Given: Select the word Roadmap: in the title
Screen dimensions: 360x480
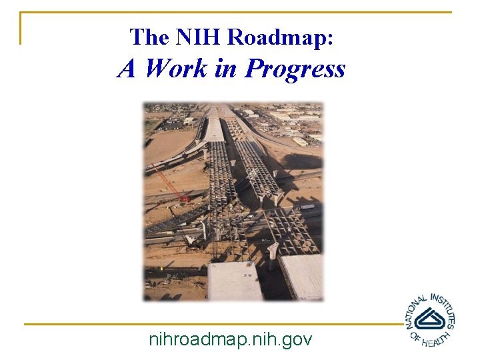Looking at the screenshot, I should tap(280, 37).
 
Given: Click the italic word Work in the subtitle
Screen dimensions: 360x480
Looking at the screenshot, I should tap(176, 68).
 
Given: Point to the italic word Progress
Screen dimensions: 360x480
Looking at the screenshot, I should tap(295, 68).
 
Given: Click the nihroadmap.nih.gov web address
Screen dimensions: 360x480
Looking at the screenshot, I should tap(231, 339).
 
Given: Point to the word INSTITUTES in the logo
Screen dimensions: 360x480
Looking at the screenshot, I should tap(445, 309).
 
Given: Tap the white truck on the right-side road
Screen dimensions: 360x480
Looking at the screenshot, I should tap(307, 207).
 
